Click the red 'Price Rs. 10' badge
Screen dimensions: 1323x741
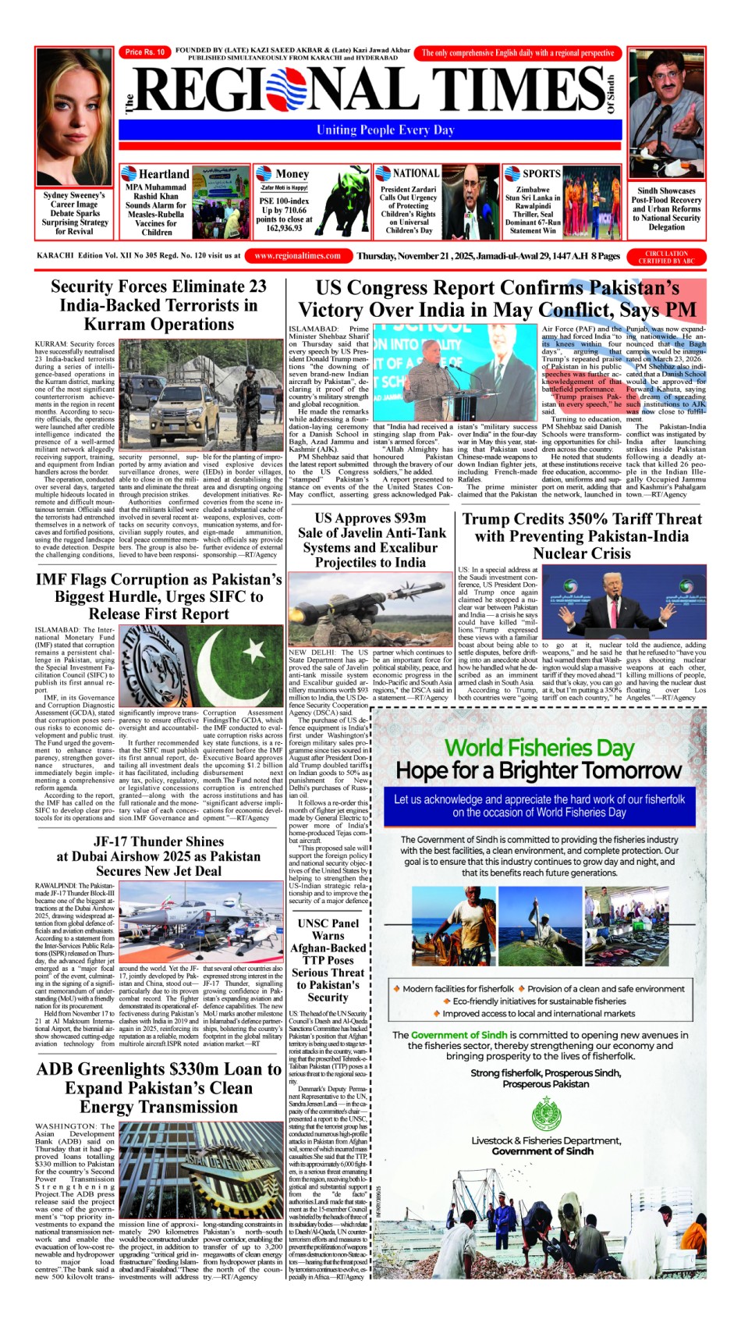145,52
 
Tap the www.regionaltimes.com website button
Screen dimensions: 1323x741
297,256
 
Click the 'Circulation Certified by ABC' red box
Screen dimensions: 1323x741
666,257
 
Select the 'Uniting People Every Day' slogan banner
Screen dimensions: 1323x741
385,130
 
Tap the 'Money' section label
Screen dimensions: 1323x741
292,174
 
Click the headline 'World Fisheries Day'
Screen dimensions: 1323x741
539,747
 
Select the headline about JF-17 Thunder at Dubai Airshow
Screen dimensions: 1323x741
158,856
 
